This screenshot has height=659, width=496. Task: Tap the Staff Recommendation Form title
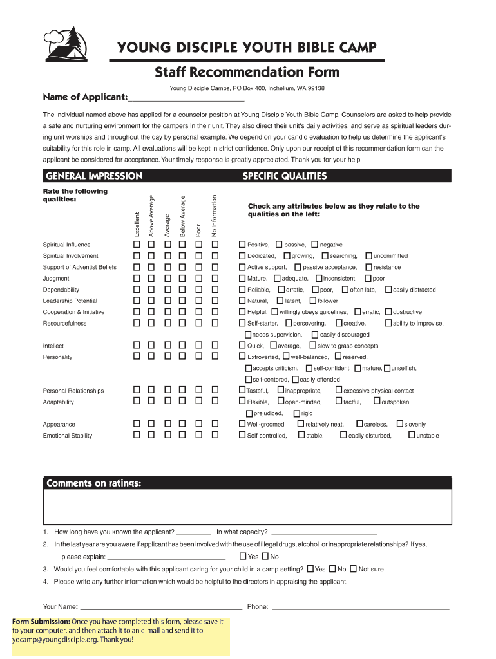coord(247,71)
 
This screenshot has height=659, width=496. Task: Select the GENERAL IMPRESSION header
coord(93,176)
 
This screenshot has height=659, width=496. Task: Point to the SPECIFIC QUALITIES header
coord(284,176)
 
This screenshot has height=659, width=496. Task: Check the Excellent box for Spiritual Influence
coord(137,245)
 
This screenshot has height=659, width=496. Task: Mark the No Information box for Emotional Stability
coord(216,436)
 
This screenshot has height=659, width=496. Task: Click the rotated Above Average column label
coord(151,216)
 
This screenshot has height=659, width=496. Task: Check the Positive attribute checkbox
coord(242,245)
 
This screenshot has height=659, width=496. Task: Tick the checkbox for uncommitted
coord(368,256)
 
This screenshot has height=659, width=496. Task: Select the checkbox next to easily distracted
coord(388,290)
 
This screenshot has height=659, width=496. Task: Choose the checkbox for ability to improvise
coord(388,323)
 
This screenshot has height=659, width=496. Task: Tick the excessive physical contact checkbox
coord(338,391)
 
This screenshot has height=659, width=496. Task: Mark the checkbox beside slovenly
coord(399,424)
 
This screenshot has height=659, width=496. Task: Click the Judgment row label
coord(52,279)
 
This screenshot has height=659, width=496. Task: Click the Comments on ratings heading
coord(93,483)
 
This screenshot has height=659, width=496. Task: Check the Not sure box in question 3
coord(353,569)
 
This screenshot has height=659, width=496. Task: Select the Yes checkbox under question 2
coord(242,557)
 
